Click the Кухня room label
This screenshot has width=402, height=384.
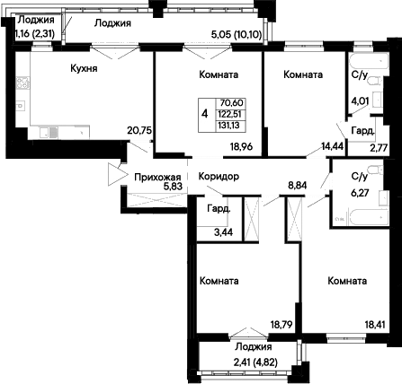[x=84, y=69]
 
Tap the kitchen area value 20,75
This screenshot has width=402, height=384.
[x=140, y=130]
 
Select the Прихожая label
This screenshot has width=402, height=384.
[x=157, y=178]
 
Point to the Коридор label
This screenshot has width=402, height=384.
[x=219, y=177]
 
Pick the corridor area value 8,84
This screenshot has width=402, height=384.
[x=298, y=186]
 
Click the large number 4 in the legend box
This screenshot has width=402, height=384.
[x=205, y=114]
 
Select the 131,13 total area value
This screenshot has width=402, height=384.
[x=229, y=126]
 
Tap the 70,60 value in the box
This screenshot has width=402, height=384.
[x=232, y=103]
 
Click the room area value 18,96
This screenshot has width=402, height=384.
[x=242, y=146]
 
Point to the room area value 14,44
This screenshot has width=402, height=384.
[x=333, y=146]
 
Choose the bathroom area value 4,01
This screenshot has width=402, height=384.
[x=360, y=100]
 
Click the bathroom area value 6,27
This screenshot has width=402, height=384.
[x=360, y=193]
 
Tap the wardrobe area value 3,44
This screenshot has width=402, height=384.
[x=223, y=232]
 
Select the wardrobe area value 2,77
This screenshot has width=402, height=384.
[x=380, y=147]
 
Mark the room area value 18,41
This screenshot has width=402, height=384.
[x=375, y=325]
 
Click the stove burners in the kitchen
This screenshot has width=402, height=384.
[x=22, y=83]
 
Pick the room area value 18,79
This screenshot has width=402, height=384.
[x=281, y=325]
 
